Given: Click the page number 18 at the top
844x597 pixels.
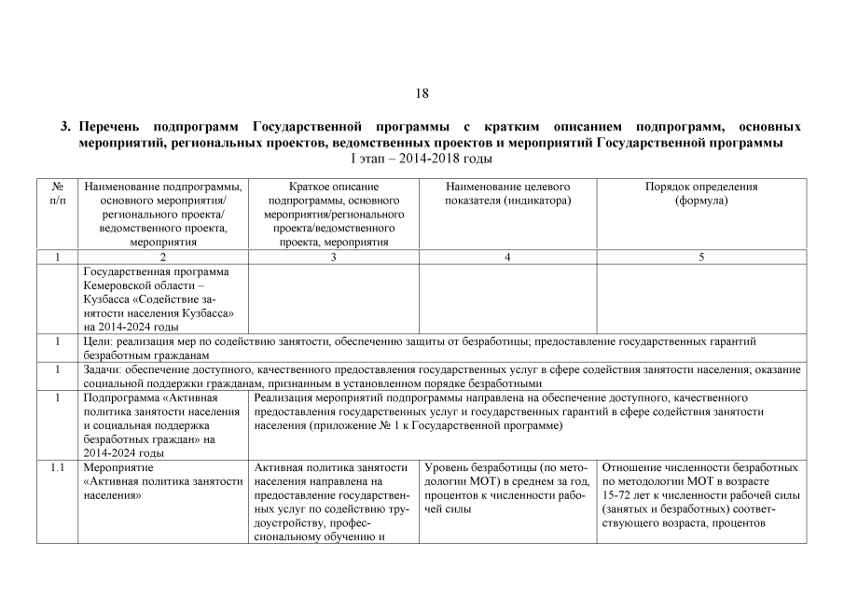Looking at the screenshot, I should pyautogui.click(x=422, y=92).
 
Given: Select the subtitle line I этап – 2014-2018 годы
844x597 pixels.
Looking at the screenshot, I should pyautogui.click(x=422, y=160).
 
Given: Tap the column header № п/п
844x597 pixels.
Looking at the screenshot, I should pyautogui.click(x=57, y=193).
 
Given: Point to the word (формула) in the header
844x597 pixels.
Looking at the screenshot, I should pyautogui.click(x=701, y=201).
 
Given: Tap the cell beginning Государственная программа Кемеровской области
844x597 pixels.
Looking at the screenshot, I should pyautogui.click(x=162, y=298).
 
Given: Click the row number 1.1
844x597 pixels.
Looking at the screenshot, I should pyautogui.click(x=57, y=466).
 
